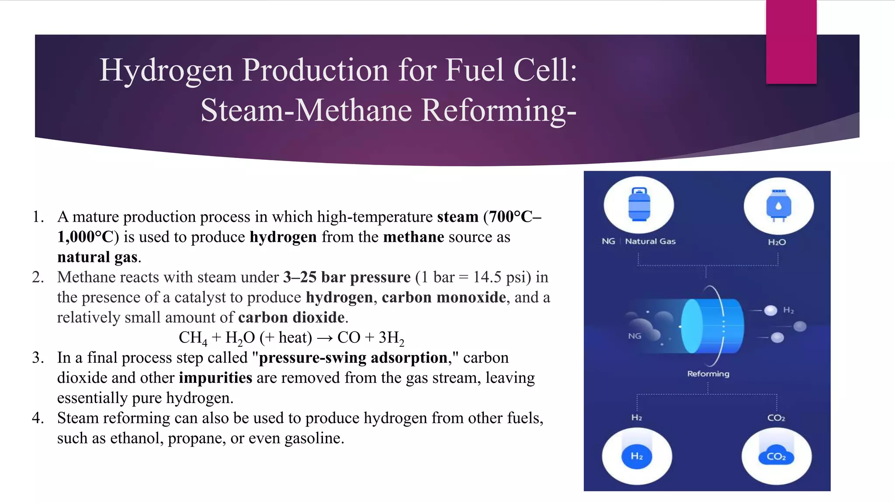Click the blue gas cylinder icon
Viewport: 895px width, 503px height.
tap(639, 204)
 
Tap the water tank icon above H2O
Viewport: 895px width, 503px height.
tap(778, 206)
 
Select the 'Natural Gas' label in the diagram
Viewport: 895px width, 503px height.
tap(650, 241)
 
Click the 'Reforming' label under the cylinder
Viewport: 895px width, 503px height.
tap(708, 374)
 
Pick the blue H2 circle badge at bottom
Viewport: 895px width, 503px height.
tap(637, 456)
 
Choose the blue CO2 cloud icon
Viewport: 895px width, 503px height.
tap(776, 456)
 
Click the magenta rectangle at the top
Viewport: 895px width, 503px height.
tap(791, 42)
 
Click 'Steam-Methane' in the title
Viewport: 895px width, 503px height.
tap(306, 110)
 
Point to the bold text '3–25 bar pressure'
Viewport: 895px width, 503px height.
tap(347, 277)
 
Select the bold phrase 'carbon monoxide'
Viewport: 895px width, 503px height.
tap(444, 297)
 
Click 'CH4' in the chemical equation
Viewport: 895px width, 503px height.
tap(192, 338)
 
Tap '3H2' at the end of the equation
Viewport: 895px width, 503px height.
tap(391, 338)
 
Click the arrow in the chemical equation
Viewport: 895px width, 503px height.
tap(325, 338)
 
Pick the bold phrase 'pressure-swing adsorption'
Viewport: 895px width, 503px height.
tap(353, 358)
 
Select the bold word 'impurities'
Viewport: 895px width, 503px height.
tap(215, 378)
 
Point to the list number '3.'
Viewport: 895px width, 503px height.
tap(38, 358)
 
